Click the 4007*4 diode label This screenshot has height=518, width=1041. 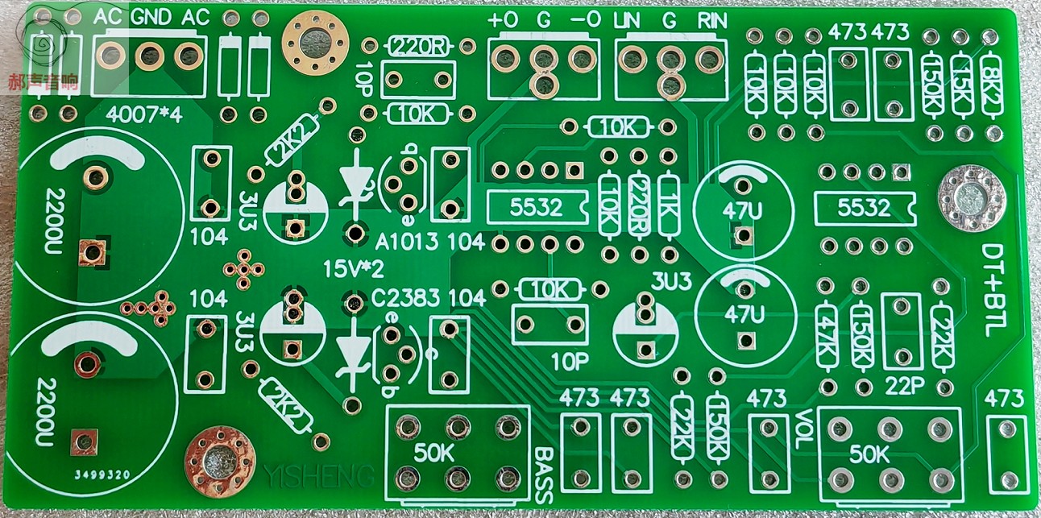(x=145, y=115)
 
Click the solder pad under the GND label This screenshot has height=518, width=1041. (x=149, y=56)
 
